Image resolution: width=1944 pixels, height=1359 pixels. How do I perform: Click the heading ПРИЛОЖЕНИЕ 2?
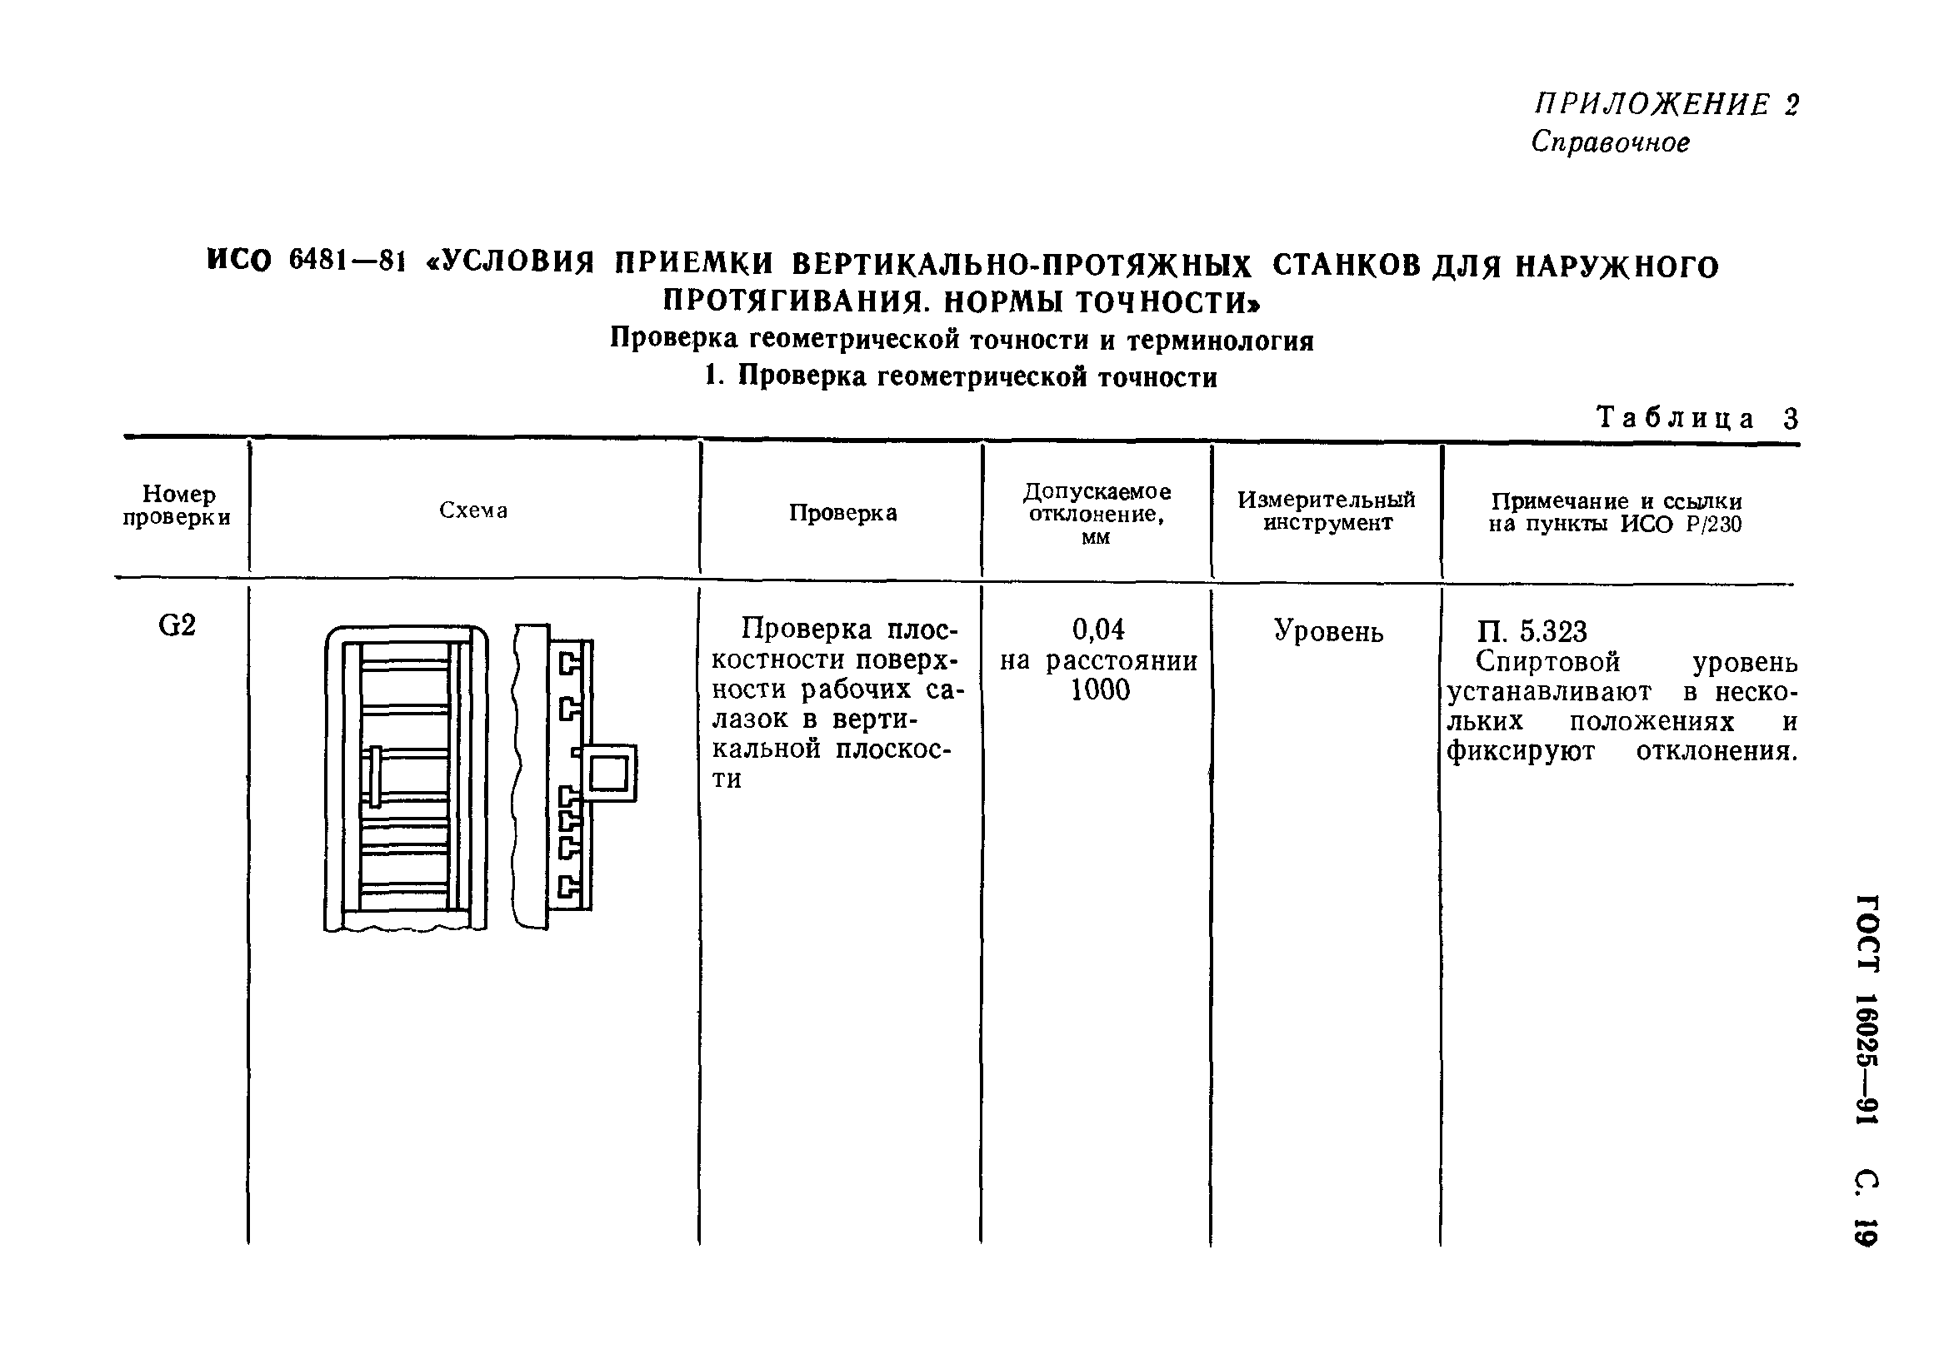pos(1667,105)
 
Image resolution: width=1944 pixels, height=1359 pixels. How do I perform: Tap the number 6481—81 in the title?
pos(344,262)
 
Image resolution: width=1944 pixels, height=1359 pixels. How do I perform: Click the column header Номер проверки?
pos(177,506)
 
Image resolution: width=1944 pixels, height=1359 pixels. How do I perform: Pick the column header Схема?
pos(473,510)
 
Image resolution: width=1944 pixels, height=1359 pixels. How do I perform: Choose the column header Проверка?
pos(842,513)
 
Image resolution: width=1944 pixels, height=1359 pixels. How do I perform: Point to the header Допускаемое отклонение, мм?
pos(1097,514)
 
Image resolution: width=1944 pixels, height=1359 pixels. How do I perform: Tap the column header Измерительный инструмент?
pos(1326,511)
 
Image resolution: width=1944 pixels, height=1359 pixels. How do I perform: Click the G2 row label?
pos(177,626)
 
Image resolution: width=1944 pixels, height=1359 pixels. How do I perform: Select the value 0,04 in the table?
pos(1098,630)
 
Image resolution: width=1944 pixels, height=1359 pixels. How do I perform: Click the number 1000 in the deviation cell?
pos(1099,690)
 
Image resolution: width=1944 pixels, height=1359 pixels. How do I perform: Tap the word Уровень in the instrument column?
pos(1328,632)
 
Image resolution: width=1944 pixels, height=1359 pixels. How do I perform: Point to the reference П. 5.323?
pos(1532,632)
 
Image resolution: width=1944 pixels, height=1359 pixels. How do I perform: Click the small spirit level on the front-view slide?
pos(375,776)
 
